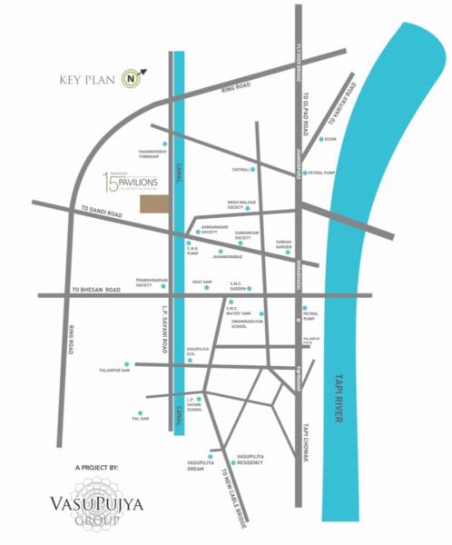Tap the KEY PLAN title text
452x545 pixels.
point(84,79)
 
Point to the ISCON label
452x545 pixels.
point(332,140)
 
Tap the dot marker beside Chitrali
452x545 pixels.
point(253,170)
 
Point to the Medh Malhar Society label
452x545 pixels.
point(235,206)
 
